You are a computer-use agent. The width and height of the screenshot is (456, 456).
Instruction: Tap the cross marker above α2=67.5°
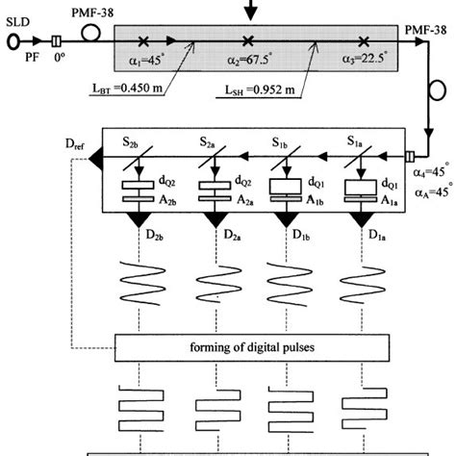[x=248, y=40]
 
